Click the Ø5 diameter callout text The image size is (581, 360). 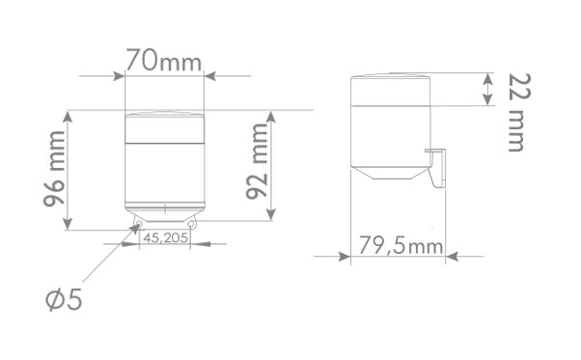pyautogui.click(x=65, y=300)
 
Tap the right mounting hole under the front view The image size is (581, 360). pyautogui.click(x=193, y=226)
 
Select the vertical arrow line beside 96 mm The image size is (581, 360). pyautogui.click(x=68, y=170)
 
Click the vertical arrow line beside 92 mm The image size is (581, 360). pyautogui.click(x=273, y=165)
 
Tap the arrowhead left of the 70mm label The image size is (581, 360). pyautogui.click(x=119, y=74)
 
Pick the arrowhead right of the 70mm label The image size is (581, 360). pyautogui.click(x=211, y=74)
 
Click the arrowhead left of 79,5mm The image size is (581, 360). pyautogui.click(x=343, y=256)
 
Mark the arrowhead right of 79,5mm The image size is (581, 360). pyautogui.click(x=451, y=256)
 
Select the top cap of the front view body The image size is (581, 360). pyautogui.click(x=165, y=127)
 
